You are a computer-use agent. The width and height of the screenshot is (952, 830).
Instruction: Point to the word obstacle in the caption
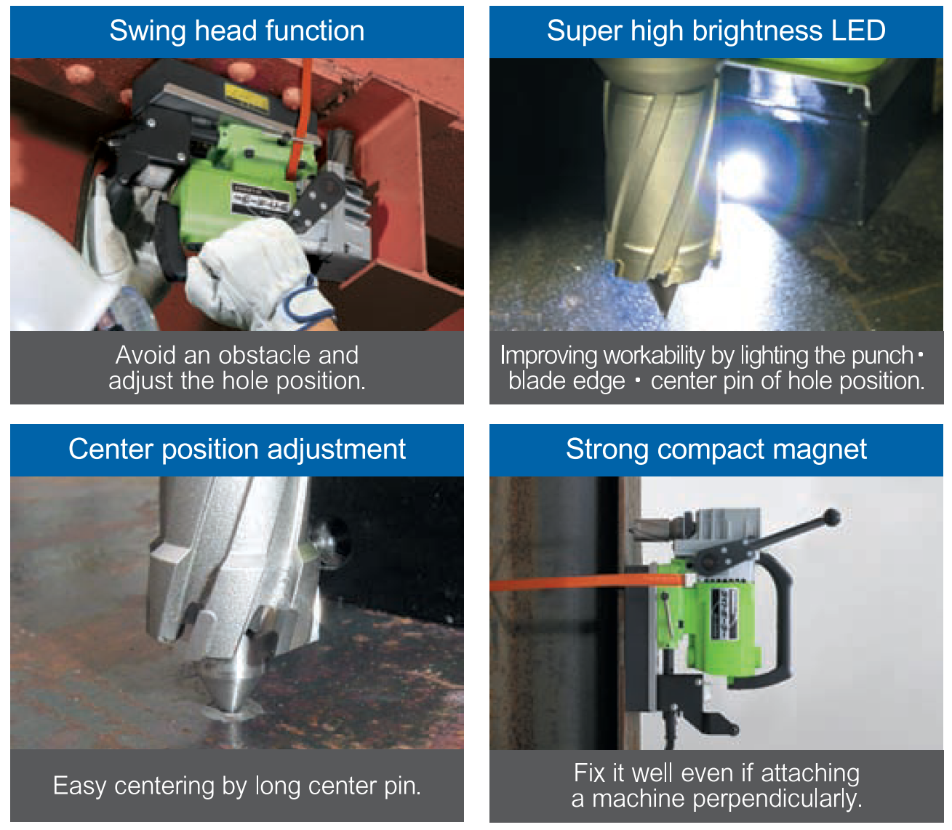point(265,356)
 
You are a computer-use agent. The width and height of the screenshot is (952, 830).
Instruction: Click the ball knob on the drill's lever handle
point(831,517)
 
